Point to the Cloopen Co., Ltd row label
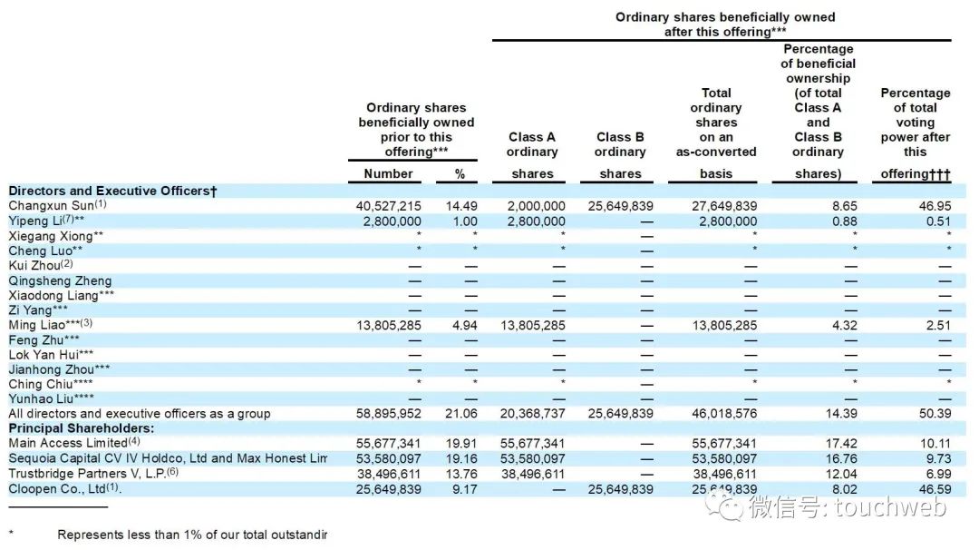click(63, 488)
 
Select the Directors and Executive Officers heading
click(112, 192)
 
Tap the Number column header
click(388, 173)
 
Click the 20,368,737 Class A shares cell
click(532, 414)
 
